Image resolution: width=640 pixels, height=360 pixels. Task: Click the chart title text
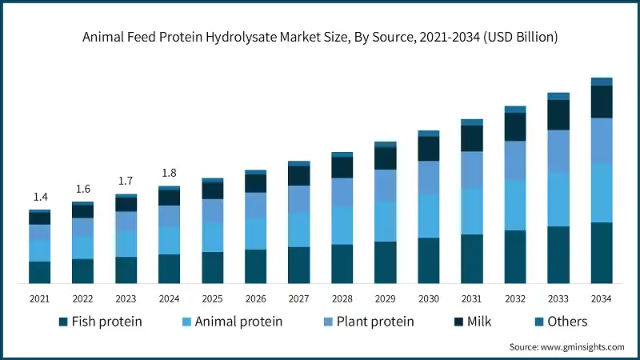coord(320,37)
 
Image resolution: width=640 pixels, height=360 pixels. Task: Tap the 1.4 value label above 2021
coord(40,197)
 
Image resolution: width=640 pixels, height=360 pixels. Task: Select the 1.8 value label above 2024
coord(169,173)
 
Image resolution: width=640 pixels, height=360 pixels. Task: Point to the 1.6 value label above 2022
coord(83,189)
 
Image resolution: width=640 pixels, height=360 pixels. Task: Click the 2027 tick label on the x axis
coord(298,298)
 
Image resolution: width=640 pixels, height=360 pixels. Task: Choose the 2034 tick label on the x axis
coord(601,298)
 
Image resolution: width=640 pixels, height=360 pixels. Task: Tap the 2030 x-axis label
coord(428,298)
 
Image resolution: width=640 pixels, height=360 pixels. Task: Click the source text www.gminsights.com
coord(566,347)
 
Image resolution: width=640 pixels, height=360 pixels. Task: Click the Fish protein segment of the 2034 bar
coord(601,253)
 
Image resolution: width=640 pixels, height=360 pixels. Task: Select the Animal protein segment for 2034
coord(601,193)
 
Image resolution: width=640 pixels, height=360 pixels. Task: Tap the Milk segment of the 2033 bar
coord(558,114)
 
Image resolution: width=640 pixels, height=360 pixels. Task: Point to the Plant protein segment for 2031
coord(471,170)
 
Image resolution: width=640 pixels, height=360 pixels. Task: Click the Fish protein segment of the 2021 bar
coord(40,272)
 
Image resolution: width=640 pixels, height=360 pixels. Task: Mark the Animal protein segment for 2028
coord(342,226)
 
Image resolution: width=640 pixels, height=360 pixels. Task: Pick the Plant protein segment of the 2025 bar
coord(212,210)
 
